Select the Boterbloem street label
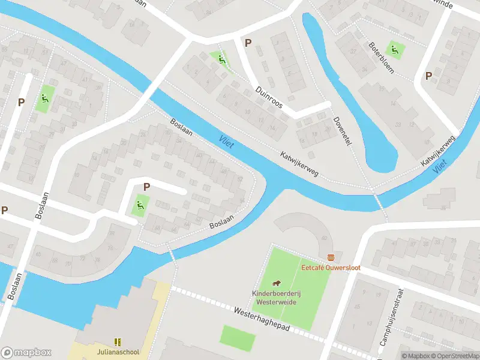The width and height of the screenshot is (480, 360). [x=381, y=58]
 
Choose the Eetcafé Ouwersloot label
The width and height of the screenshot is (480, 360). [x=331, y=267]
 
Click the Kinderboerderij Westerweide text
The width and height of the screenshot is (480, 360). [x=274, y=298]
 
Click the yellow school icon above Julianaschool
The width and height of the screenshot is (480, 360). [x=118, y=341]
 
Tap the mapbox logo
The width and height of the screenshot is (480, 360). [x=26, y=353]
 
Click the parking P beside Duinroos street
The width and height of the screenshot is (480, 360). [x=248, y=43]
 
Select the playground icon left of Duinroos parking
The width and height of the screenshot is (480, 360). [x=222, y=59]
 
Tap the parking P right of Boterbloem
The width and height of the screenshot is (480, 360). [x=428, y=76]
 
